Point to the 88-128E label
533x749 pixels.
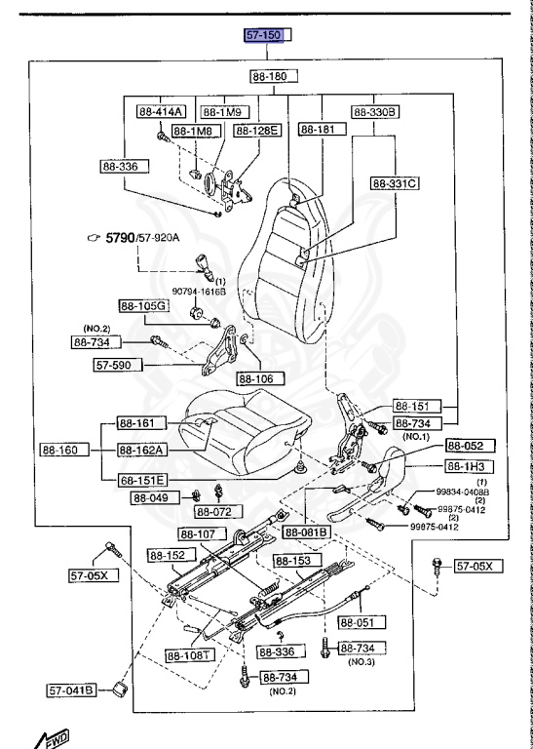[x=256, y=129]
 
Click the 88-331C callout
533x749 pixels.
[x=395, y=182]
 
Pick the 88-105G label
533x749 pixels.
[x=144, y=305]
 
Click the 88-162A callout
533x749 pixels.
[x=142, y=450]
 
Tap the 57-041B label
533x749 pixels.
[x=71, y=690]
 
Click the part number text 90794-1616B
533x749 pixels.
[x=199, y=291]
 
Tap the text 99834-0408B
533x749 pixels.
[x=461, y=494]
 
